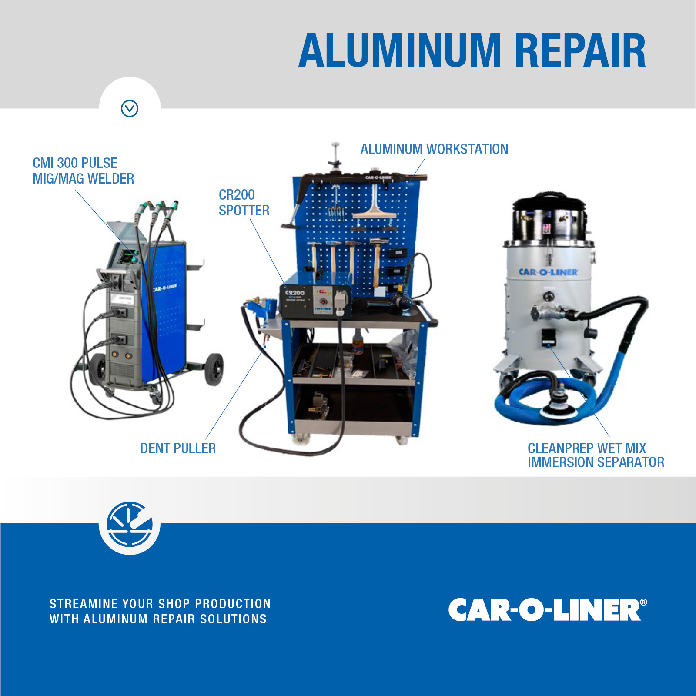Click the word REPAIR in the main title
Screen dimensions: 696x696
580,51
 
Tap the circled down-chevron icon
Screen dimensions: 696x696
130,108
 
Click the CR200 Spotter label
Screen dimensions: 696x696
244,203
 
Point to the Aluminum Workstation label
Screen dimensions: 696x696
434,149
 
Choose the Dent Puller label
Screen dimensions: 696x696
178,448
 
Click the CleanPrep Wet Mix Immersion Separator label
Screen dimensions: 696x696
596,455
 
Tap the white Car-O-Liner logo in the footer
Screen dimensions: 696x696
548,609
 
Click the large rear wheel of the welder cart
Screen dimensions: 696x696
214,369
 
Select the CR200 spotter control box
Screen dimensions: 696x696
315,301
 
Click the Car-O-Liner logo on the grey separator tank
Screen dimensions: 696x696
548,272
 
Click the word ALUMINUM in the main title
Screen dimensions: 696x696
400,51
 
